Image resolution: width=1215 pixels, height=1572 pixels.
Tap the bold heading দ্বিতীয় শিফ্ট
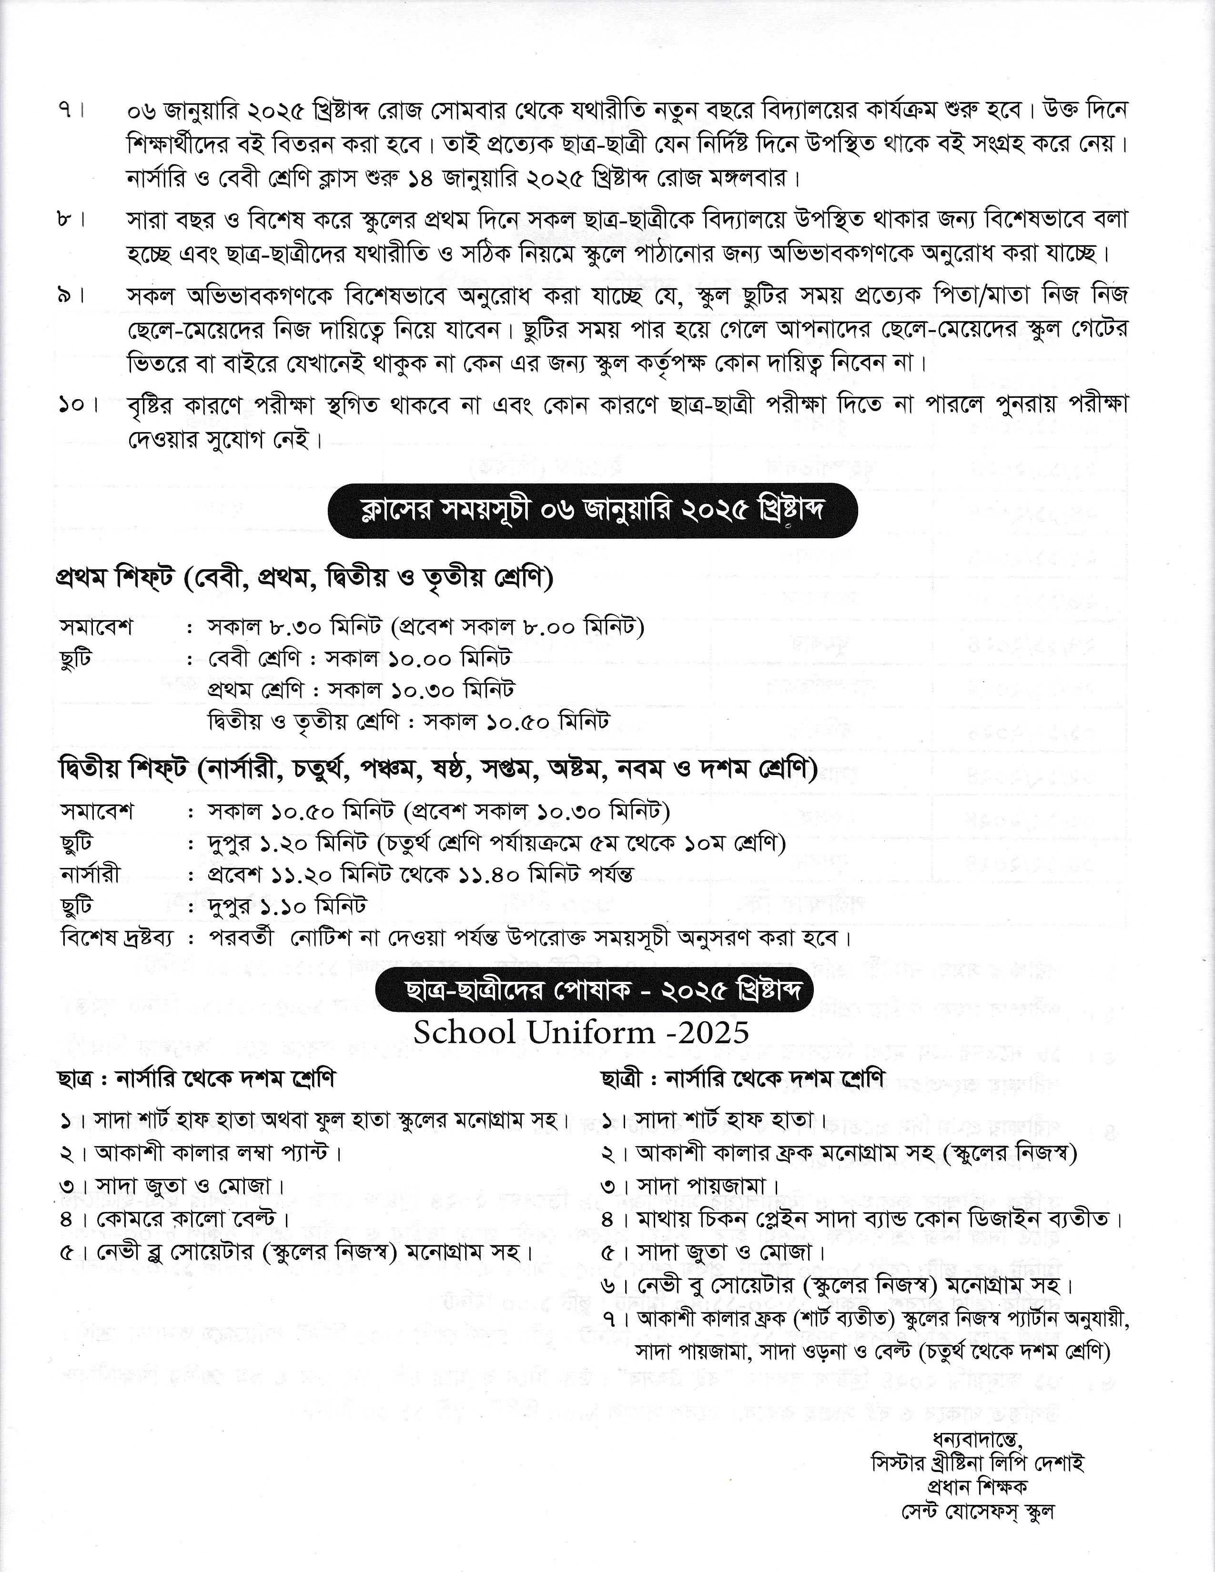(x=125, y=770)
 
